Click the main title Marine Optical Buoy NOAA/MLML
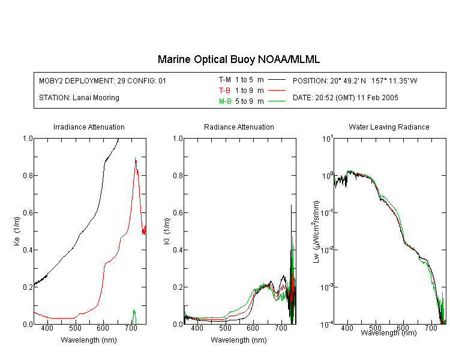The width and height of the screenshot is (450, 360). pos(238,59)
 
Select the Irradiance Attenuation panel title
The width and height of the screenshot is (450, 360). pos(89,127)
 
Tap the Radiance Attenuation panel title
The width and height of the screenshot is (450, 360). pos(239,127)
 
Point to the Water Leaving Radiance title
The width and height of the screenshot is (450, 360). pos(389,127)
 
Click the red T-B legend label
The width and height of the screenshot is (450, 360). pos(224,91)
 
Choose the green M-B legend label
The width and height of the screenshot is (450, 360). pos(225,101)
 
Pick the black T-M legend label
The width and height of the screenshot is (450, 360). pos(225,80)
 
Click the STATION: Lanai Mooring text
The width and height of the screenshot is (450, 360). pos(79,98)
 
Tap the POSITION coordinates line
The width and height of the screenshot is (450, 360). pos(355,80)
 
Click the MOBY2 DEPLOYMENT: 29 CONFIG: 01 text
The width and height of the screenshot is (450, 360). pos(103,80)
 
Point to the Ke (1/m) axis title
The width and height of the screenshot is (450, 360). pos(17,231)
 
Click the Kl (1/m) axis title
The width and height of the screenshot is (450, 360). pos(167,231)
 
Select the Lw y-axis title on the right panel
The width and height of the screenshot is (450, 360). pos(316,232)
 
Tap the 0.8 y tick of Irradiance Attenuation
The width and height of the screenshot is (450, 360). pos(28,175)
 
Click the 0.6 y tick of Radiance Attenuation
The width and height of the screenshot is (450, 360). pos(178,213)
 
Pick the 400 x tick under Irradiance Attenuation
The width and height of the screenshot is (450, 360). pos(47,328)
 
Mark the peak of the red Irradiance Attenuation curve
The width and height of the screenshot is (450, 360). pos(136,159)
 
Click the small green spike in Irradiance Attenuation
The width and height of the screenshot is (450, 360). pos(134,316)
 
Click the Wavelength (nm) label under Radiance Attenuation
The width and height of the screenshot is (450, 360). pos(239,340)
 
